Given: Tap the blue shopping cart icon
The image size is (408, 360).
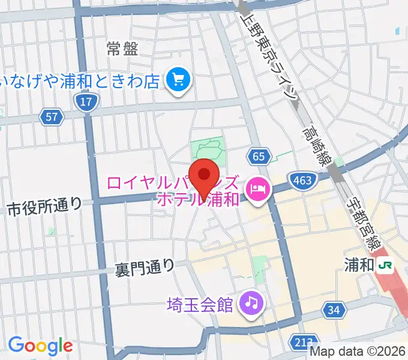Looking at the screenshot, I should (x=178, y=79).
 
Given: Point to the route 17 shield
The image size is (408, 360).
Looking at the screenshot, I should (x=86, y=101).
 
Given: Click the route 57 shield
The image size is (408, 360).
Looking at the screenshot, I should (x=52, y=117).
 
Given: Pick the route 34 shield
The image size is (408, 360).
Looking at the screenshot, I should (x=334, y=310).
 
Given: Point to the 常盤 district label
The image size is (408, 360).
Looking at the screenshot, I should (x=122, y=49).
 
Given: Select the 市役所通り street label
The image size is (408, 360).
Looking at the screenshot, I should (x=44, y=208).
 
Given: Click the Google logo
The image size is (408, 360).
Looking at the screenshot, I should (x=40, y=346).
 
